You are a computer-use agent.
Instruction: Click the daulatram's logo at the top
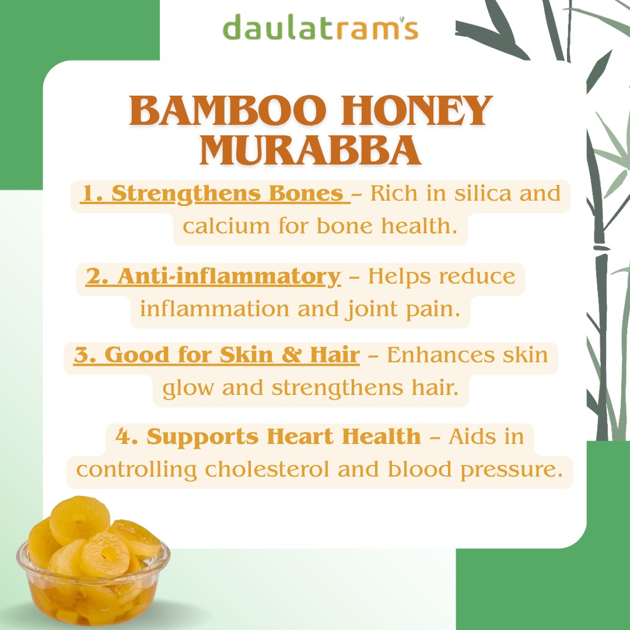(320, 27)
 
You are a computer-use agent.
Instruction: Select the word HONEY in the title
(416, 110)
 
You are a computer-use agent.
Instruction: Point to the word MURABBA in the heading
(310, 150)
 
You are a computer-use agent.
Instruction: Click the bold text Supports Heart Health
(283, 436)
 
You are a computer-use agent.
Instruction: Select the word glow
(188, 389)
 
